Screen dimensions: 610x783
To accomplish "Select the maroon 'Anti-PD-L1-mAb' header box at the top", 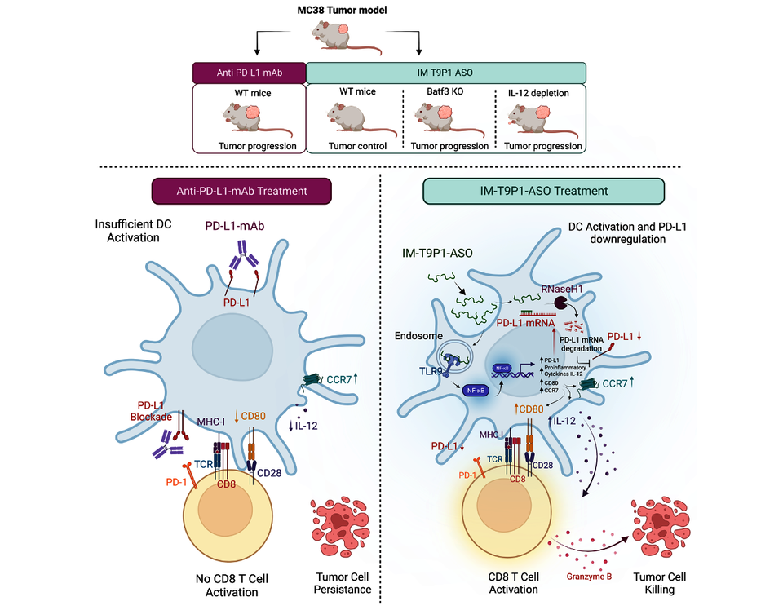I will click(249, 72).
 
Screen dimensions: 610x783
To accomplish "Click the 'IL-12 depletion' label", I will click(540, 92).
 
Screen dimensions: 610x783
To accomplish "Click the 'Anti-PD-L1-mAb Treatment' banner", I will click(241, 191).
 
